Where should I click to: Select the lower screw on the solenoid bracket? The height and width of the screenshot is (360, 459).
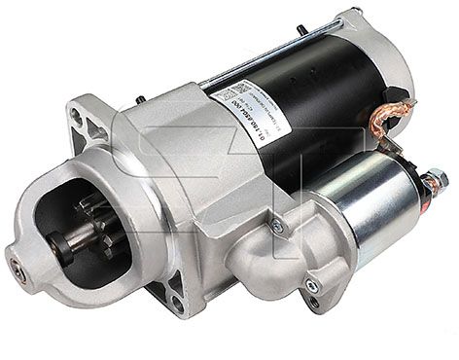click(310, 285)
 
